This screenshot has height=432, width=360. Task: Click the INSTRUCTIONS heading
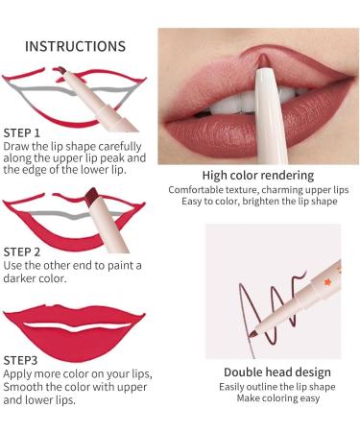75,46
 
